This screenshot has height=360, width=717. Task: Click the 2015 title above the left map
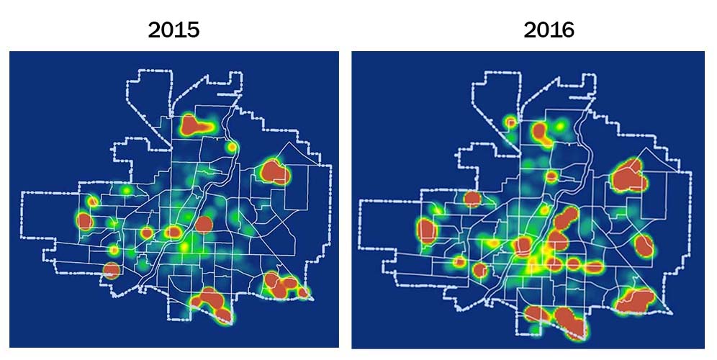[x=173, y=30]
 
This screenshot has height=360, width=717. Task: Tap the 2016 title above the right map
[x=549, y=30]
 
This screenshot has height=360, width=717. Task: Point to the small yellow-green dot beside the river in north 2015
[x=231, y=147]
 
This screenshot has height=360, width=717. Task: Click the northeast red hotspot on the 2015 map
[x=274, y=172]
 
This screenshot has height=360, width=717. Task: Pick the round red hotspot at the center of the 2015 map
[x=204, y=224]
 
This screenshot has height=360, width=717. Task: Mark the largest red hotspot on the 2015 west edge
[x=85, y=221]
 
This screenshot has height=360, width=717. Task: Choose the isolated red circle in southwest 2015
[x=111, y=271]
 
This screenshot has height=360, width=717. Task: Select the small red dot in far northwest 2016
[x=511, y=122]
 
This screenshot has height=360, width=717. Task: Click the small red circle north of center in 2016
[x=551, y=176]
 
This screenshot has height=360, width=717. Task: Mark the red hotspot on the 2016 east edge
[x=644, y=246]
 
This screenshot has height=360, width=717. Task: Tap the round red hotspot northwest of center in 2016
[x=472, y=199]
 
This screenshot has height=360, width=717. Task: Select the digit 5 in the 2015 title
[x=192, y=30]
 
